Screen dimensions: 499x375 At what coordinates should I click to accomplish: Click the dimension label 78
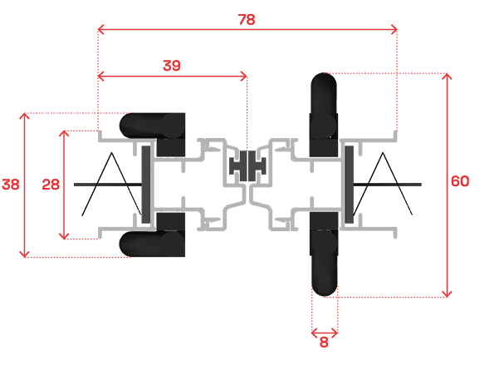247,20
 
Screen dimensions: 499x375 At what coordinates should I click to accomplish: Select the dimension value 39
172,66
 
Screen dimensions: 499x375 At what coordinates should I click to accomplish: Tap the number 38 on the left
11,185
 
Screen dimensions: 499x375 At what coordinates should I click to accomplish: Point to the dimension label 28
51,185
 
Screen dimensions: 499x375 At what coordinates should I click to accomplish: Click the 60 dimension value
460,181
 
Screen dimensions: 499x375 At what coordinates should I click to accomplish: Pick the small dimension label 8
324,343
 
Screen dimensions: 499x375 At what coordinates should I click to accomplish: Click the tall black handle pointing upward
324,115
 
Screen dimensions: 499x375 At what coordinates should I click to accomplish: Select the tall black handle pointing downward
324,254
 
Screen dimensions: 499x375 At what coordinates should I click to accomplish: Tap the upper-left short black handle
153,134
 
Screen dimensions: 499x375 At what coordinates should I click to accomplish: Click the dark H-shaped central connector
247,165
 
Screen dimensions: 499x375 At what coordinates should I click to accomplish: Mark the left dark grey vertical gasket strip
146,185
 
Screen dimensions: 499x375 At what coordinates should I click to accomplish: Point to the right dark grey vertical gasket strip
349,185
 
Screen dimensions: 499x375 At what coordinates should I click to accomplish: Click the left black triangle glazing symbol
112,184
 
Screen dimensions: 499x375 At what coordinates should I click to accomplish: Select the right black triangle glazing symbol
383,184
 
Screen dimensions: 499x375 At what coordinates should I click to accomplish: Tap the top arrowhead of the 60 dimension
448,76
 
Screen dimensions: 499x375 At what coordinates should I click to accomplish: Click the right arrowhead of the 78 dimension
394,30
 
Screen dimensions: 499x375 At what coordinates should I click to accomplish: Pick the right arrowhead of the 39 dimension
244,76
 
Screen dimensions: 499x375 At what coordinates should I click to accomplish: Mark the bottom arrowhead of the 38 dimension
25,254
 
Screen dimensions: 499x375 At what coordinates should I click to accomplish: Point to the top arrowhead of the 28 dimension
64,133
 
